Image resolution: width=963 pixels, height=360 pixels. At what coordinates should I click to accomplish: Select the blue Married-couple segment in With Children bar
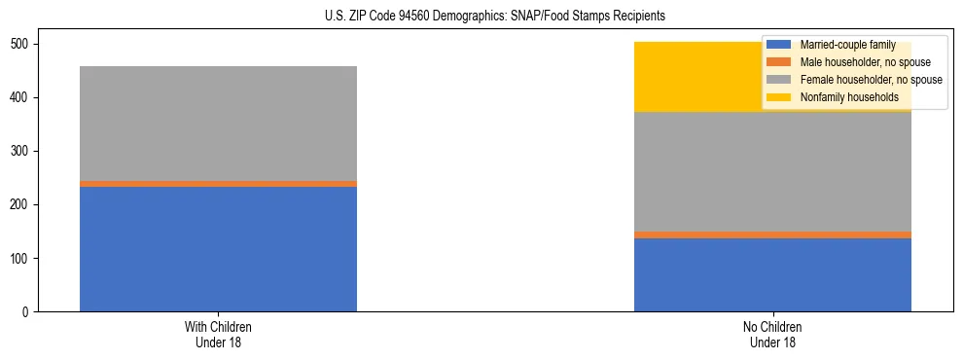pyautogui.click(x=218, y=249)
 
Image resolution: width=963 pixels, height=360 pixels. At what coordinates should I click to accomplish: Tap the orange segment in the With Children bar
pyautogui.click(x=218, y=183)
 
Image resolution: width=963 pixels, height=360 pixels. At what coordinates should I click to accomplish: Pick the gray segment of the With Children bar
pyautogui.click(x=218, y=124)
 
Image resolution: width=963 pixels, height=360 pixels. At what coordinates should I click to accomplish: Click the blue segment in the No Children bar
pyautogui.click(x=772, y=274)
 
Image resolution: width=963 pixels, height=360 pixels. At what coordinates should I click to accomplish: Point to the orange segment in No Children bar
pyautogui.click(x=772, y=234)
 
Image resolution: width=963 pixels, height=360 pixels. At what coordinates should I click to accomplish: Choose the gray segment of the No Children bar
pyautogui.click(x=772, y=171)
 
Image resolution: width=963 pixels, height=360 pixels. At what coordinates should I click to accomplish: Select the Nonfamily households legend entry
pyautogui.click(x=842, y=97)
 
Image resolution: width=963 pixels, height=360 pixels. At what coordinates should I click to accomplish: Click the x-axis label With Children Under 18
pyautogui.click(x=218, y=334)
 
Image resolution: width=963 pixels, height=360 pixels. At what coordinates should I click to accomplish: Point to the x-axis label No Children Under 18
pyautogui.click(x=772, y=334)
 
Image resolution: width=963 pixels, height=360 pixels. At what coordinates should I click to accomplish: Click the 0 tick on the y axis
pyautogui.click(x=27, y=312)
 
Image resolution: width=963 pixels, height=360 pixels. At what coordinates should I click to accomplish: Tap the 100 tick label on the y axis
pyautogui.click(x=21, y=259)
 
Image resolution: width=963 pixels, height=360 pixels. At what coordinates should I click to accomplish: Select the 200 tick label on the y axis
pyautogui.click(x=21, y=205)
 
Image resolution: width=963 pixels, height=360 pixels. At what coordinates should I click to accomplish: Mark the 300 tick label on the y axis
pyautogui.click(x=21, y=152)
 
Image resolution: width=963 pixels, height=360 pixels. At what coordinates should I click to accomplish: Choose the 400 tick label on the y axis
pyautogui.click(x=21, y=98)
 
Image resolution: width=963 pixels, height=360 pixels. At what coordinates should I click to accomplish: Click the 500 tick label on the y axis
pyautogui.click(x=21, y=45)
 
